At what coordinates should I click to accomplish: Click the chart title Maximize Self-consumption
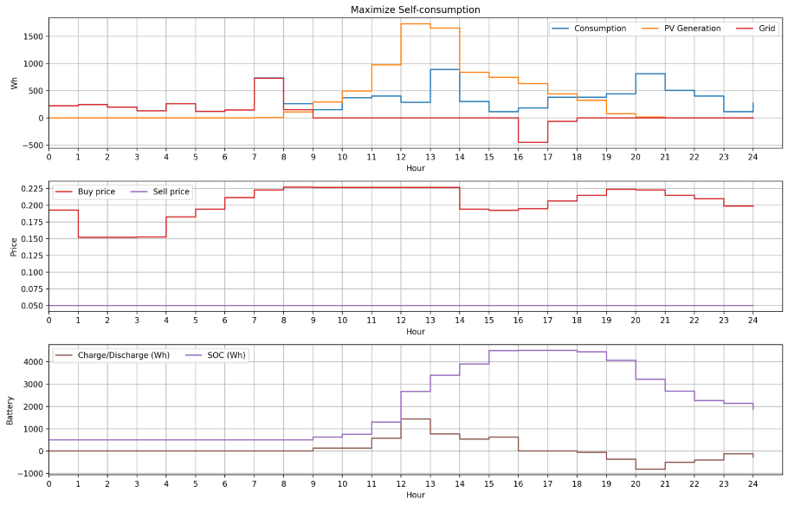(415, 10)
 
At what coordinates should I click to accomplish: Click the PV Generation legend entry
(692, 29)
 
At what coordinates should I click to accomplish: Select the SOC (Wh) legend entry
(225, 355)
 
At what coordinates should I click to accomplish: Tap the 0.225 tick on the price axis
(29, 188)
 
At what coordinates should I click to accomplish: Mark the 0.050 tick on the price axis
(29, 306)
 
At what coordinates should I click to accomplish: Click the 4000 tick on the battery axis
(31, 362)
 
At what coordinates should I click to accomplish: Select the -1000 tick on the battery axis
(29, 474)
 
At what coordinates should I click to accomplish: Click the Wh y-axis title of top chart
(13, 83)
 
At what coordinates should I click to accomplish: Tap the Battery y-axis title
(10, 410)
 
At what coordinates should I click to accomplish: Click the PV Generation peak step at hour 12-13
(416, 23)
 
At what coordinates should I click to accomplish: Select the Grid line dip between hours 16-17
(533, 142)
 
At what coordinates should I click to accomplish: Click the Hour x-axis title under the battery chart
(416, 495)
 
